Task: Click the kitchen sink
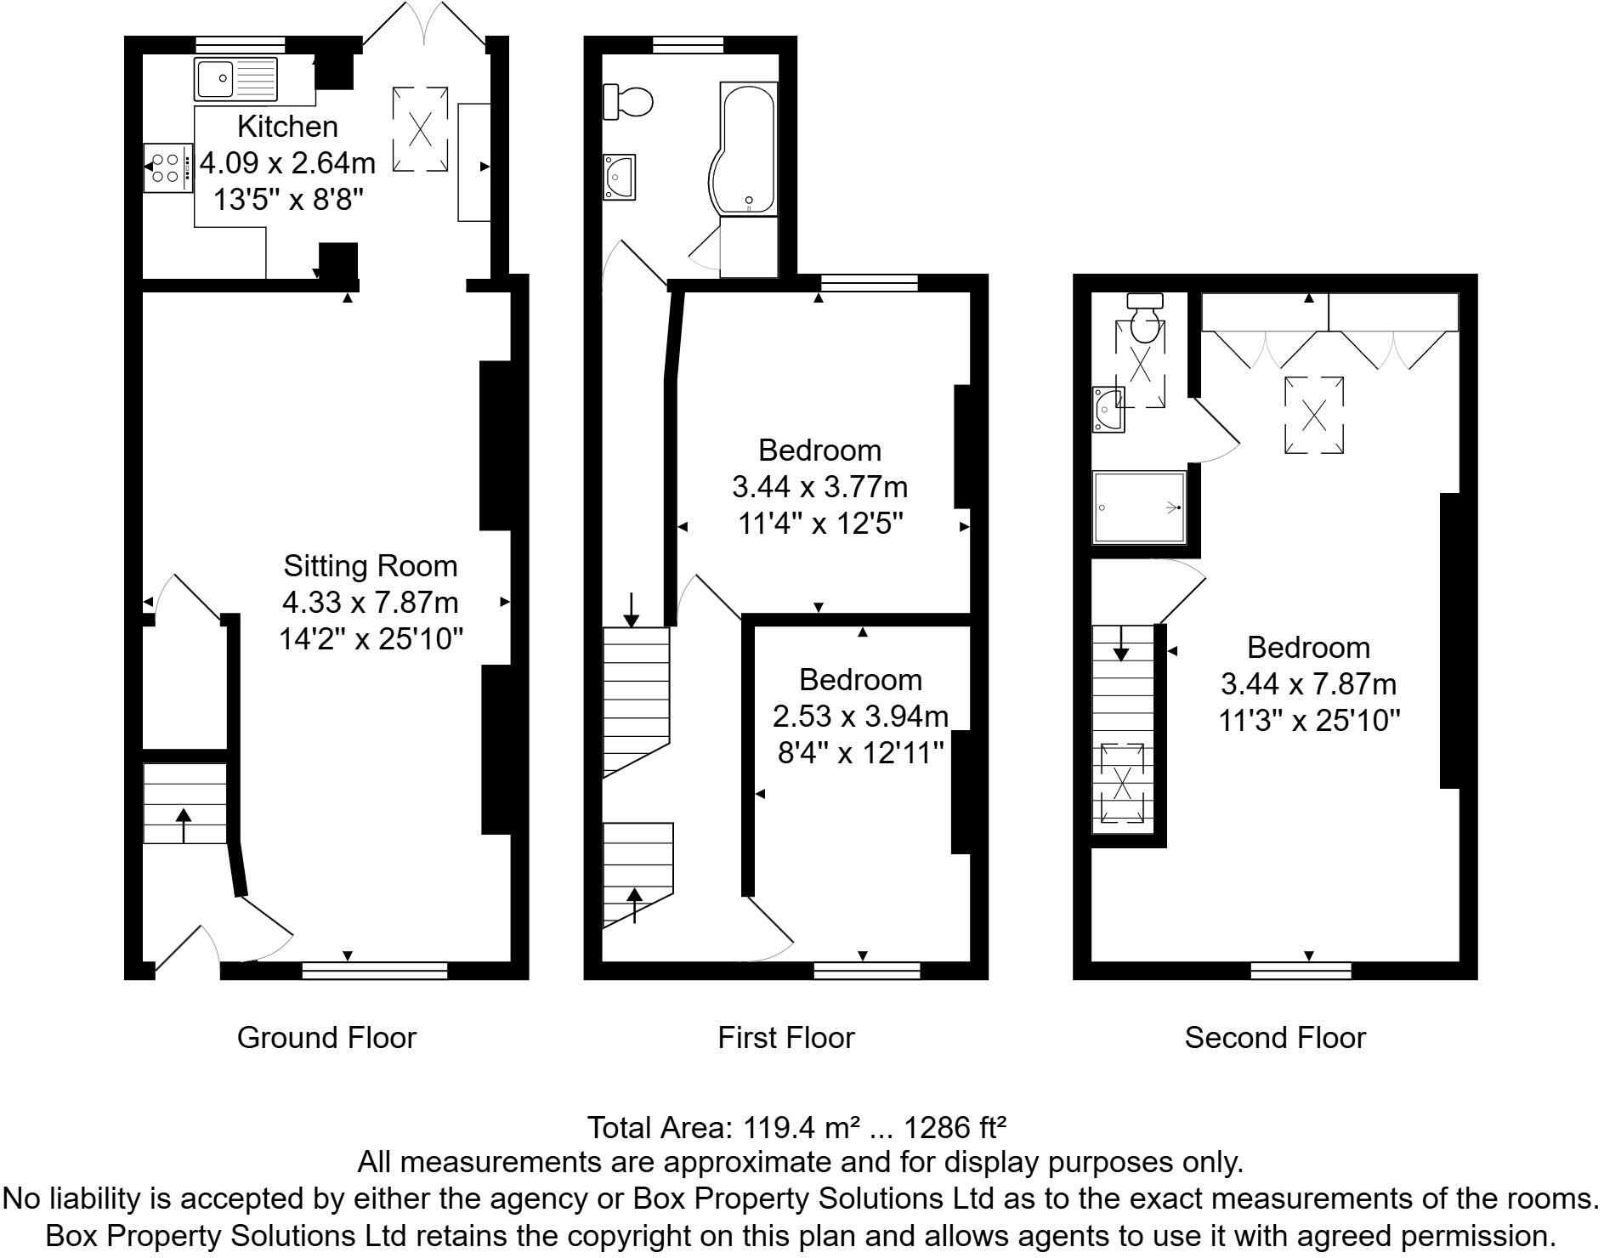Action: tap(235, 80)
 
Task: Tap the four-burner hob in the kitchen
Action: tap(166, 167)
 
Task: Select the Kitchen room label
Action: tap(287, 127)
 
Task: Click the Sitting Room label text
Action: tap(370, 566)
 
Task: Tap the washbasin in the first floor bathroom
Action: tap(620, 177)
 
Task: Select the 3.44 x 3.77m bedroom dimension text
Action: tap(819, 488)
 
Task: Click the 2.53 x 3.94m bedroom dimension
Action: tap(859, 717)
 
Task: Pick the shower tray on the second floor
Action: tap(1139, 507)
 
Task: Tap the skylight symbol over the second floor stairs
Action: tap(1122, 783)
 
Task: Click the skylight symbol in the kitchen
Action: tap(420, 129)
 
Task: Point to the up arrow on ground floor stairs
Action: tap(183, 824)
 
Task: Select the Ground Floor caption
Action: tap(326, 1038)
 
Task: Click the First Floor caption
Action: tap(785, 1038)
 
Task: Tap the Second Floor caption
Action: tap(1274, 1038)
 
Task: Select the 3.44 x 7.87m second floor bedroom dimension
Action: tap(1308, 684)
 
